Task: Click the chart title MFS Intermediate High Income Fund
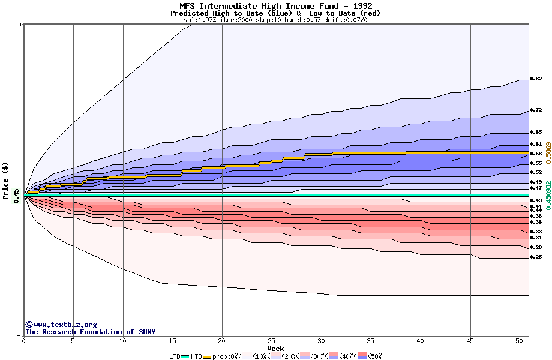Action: pyautogui.click(x=275, y=7)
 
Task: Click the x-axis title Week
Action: pyautogui.click(x=275, y=348)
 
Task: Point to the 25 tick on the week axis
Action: pyautogui.click(x=272, y=340)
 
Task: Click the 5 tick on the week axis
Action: pyautogui.click(x=73, y=340)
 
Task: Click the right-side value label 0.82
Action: pyautogui.click(x=536, y=79)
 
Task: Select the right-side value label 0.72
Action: pyautogui.click(x=536, y=110)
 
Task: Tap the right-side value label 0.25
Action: pyautogui.click(x=536, y=257)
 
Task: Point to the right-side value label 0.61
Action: pyautogui.click(x=536, y=144)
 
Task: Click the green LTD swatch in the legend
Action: pyautogui.click(x=185, y=356)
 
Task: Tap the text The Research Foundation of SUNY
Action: pyautogui.click(x=90, y=332)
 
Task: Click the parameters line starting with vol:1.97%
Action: pyautogui.click(x=275, y=20)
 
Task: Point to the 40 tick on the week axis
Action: pyautogui.click(x=421, y=340)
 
